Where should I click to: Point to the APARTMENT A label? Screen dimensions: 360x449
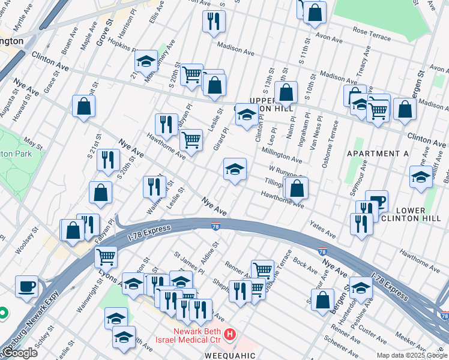click(x=378, y=154)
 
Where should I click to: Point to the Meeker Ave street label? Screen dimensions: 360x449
click(x=411, y=340)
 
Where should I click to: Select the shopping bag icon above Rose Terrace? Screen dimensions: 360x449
click(x=315, y=13)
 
